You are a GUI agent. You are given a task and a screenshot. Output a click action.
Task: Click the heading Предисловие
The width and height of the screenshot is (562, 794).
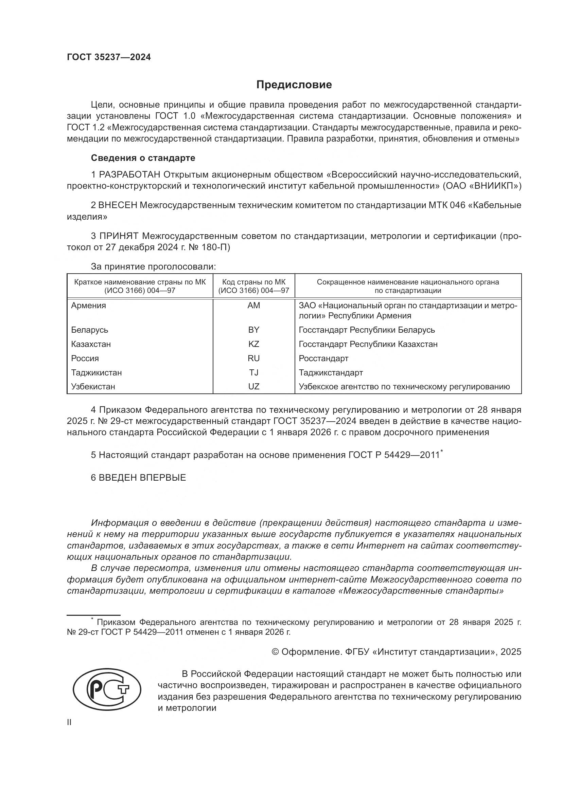point(294,85)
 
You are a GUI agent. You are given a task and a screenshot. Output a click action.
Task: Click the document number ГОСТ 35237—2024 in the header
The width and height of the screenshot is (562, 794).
point(109,57)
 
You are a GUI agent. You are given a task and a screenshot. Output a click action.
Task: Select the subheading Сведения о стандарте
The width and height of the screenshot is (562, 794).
point(143,158)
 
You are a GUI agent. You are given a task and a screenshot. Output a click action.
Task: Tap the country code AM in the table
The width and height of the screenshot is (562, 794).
point(254,306)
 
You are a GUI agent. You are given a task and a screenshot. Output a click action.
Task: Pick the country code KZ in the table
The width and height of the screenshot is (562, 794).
point(254,344)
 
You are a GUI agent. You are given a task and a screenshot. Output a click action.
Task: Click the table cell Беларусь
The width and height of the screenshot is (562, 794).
point(90,330)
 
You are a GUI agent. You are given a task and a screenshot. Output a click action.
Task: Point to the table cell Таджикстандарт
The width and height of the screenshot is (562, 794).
point(331,373)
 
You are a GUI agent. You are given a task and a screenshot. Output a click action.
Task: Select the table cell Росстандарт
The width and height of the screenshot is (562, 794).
point(323,358)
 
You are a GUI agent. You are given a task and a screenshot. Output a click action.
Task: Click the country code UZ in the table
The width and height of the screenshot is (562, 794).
point(254,387)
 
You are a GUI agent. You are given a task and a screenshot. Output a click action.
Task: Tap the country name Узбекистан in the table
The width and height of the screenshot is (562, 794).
point(93,387)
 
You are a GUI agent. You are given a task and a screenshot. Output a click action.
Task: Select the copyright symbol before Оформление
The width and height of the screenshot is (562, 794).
point(275,652)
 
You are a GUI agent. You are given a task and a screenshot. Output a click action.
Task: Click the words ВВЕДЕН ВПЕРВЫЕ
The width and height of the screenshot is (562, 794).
point(142,478)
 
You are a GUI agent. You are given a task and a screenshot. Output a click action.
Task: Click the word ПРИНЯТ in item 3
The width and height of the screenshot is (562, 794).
point(119,236)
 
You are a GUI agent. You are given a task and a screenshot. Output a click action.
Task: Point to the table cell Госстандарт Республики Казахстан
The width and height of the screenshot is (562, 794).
point(368,344)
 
